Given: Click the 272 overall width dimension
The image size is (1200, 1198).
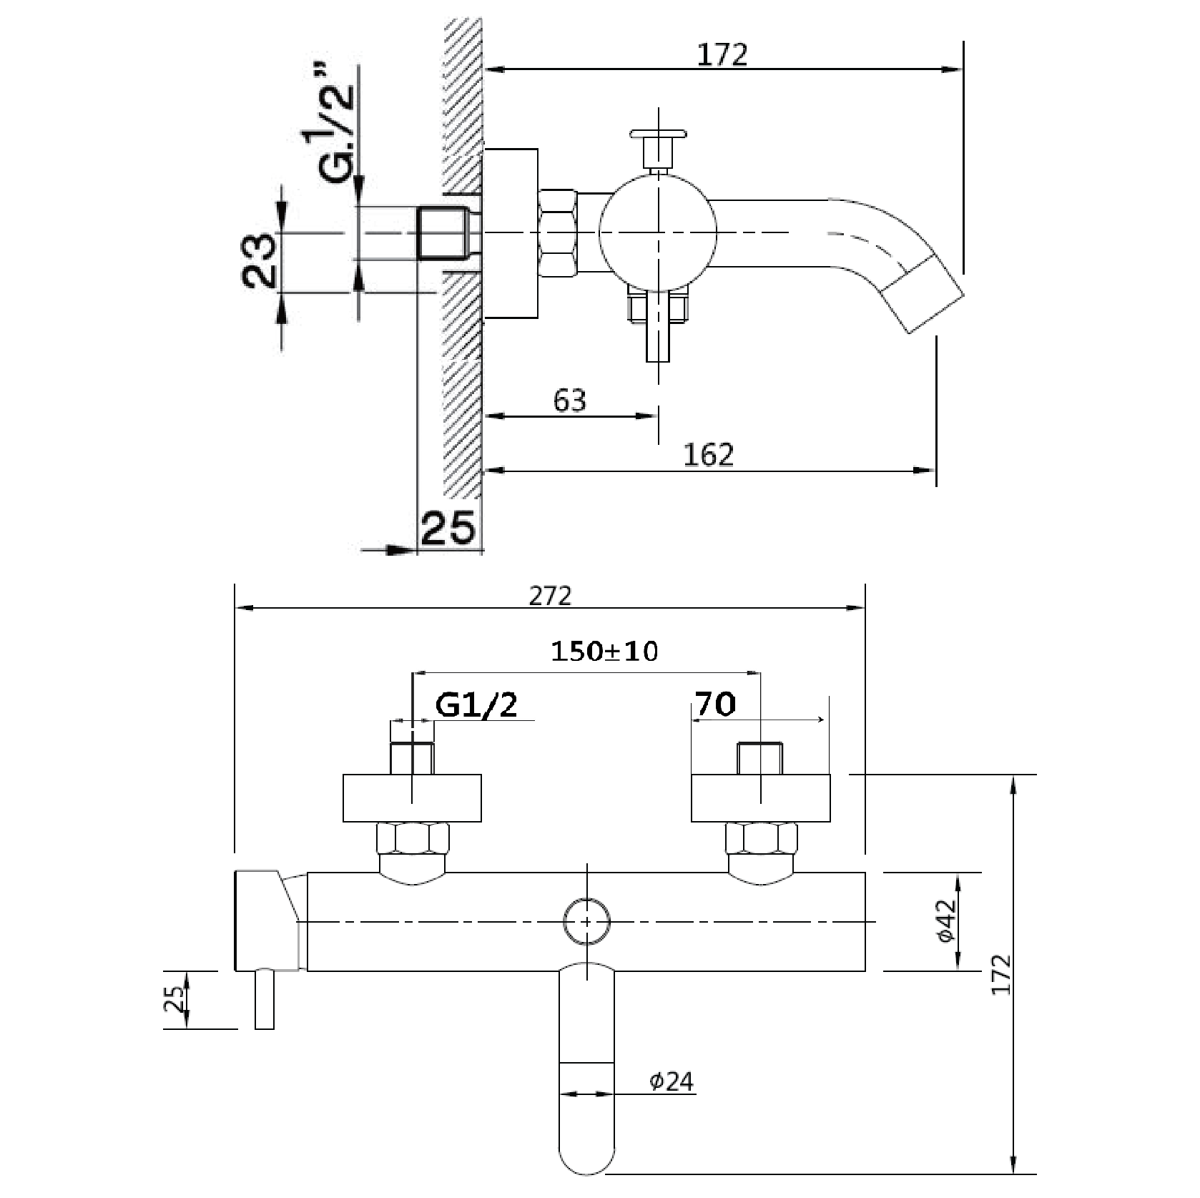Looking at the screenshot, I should [551, 595].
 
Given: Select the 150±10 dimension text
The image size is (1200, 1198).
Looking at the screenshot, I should [604, 652].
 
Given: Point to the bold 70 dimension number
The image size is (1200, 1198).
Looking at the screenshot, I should [715, 705].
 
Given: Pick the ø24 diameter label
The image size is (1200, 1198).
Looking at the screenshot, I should [672, 1102].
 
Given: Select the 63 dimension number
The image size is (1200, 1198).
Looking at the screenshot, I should [570, 401].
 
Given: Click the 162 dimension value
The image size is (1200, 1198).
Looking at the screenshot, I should [709, 455].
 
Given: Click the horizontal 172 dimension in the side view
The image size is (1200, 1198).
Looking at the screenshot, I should [722, 55].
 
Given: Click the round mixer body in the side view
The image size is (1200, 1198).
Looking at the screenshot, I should [657, 233].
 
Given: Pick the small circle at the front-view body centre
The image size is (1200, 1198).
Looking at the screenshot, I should [586, 922].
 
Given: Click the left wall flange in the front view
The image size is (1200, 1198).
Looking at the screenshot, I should [412, 797].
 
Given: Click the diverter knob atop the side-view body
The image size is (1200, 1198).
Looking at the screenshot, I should [659, 134].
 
